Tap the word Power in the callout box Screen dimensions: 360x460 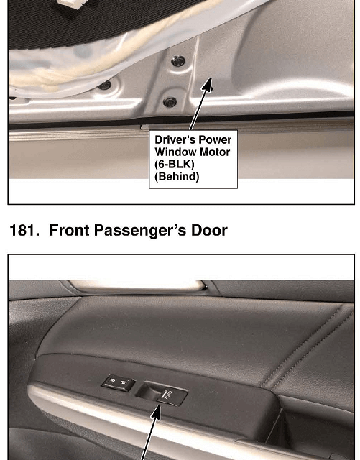pos(215,139)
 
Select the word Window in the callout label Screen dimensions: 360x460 pos(172,152)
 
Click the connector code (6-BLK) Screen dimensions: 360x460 pos(175,165)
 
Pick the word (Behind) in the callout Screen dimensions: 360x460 pos(177,177)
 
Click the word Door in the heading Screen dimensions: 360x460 pos(209,230)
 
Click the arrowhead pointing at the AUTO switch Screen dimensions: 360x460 pos(157,411)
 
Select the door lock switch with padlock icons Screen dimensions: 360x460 pos(119,383)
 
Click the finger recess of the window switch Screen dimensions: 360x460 pos(147,390)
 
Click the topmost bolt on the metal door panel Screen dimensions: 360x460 pos(178,61)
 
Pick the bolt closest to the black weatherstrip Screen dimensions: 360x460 pos(170,102)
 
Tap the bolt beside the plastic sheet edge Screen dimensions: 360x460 pos(104,86)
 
